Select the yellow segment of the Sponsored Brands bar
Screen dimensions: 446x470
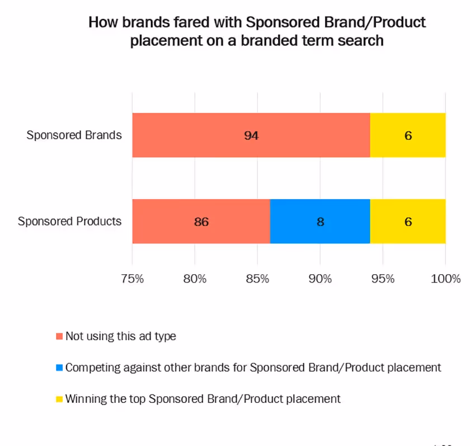408,135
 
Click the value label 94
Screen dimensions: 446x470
251,135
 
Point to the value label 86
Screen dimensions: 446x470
201,222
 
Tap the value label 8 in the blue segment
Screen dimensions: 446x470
320,222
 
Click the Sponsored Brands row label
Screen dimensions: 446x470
74,135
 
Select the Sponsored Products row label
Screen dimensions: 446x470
69,221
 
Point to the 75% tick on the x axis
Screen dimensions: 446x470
132,278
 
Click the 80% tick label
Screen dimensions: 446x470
195,278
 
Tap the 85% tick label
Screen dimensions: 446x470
257,278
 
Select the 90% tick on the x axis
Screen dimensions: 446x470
320,278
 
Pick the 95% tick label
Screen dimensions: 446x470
383,278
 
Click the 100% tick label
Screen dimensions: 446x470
445,278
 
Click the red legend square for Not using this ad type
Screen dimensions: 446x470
59,337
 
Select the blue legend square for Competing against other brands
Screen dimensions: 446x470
59,368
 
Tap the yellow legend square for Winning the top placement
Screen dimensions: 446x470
59,400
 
